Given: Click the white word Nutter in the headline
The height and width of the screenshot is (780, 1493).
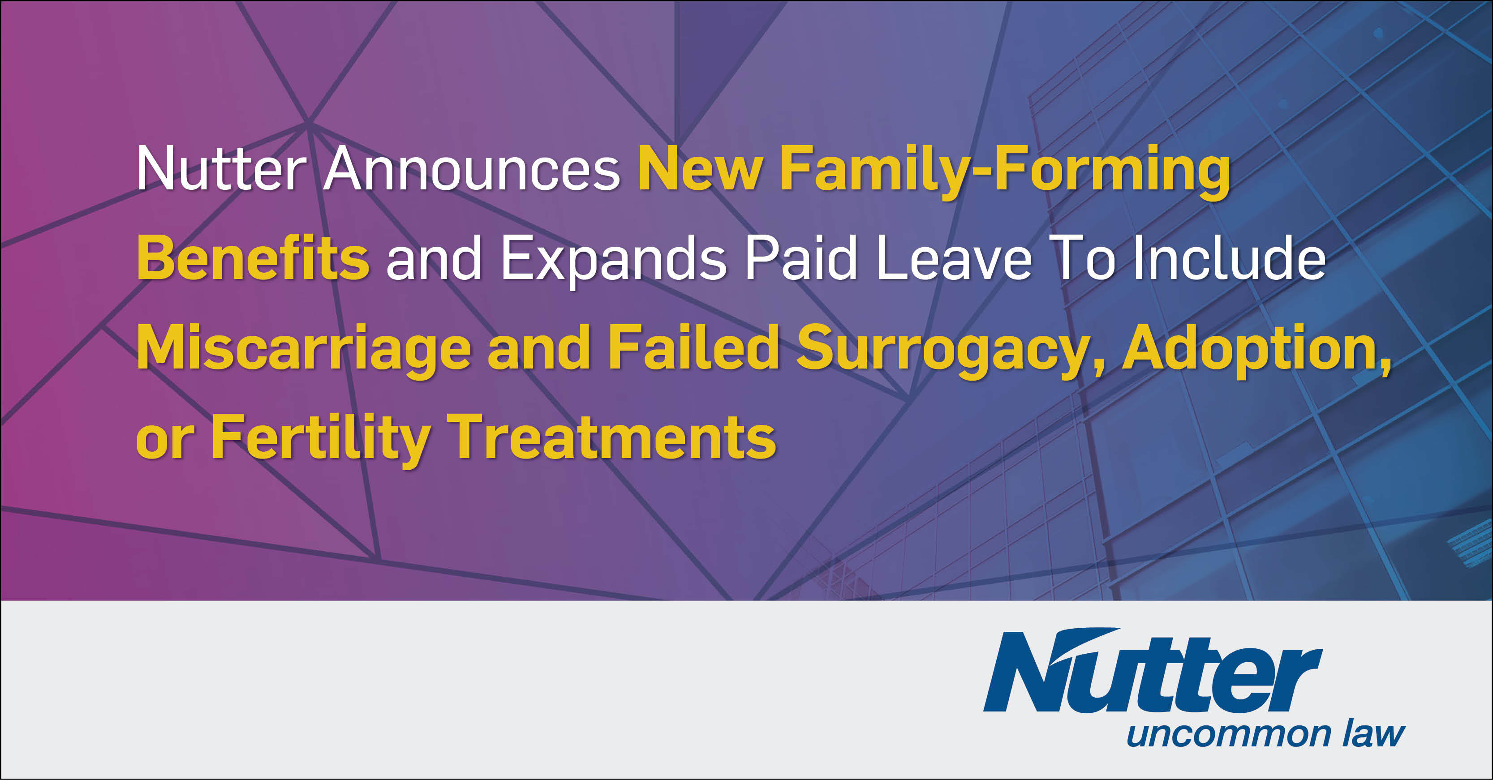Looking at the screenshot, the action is [x=221, y=169].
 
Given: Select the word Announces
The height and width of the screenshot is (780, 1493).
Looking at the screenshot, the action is [x=472, y=169].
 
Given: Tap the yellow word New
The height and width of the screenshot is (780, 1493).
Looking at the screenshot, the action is [x=700, y=169].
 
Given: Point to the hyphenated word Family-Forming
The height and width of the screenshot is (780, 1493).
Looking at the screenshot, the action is [x=1004, y=172].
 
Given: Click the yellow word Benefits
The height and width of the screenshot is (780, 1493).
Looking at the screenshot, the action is [x=253, y=257].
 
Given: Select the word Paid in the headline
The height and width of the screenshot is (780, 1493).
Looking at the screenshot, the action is [x=801, y=257].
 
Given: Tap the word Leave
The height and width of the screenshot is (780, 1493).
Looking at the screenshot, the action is [x=954, y=258].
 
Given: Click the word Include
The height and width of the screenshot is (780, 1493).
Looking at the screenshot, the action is [x=1229, y=257].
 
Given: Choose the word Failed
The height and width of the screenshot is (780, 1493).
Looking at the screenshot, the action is [x=693, y=347].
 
